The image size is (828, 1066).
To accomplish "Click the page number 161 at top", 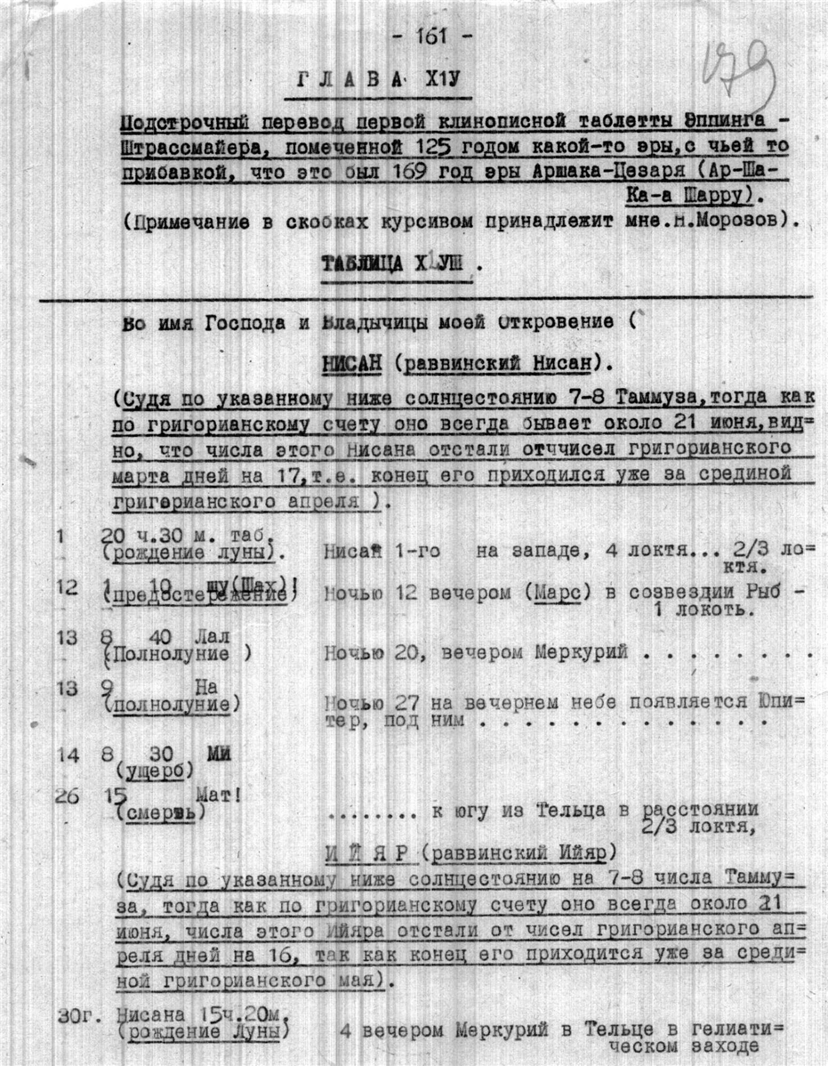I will pos(431,37).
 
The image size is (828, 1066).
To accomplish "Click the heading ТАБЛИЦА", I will pos(356,263).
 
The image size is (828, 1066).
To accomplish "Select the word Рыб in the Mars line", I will pos(770,592).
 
